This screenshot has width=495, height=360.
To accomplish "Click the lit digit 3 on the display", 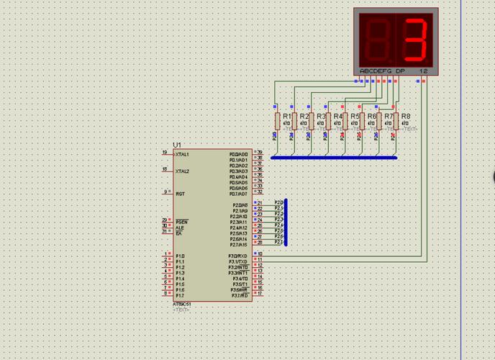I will pyautogui.click(x=416, y=39).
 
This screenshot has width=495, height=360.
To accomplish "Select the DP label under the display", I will pyautogui.click(x=400, y=71).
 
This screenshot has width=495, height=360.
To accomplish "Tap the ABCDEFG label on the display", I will pyautogui.click(x=374, y=71).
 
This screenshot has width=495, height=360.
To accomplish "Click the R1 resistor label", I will pyautogui.click(x=286, y=116).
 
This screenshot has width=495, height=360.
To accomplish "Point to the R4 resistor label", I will pyautogui.click(x=338, y=116).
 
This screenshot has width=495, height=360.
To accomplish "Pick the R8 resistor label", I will pyautogui.click(x=406, y=116).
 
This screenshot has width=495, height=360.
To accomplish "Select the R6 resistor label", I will pyautogui.click(x=372, y=116).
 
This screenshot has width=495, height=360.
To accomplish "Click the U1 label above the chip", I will pyautogui.click(x=178, y=145).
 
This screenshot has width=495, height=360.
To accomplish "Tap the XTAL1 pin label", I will pyautogui.click(x=183, y=154).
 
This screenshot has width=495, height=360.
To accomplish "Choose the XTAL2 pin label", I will pyautogui.click(x=183, y=171).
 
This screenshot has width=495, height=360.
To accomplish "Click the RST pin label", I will pyautogui.click(x=180, y=194).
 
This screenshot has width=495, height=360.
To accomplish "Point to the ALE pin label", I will pyautogui.click(x=180, y=228).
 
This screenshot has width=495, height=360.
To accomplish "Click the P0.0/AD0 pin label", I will pyautogui.click(x=238, y=154).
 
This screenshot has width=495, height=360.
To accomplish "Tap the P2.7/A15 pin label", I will pyautogui.click(x=238, y=245).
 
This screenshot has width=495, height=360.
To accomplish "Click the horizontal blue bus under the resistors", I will pyautogui.click(x=334, y=157).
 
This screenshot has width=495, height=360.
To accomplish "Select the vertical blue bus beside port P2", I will pyautogui.click(x=286, y=222).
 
